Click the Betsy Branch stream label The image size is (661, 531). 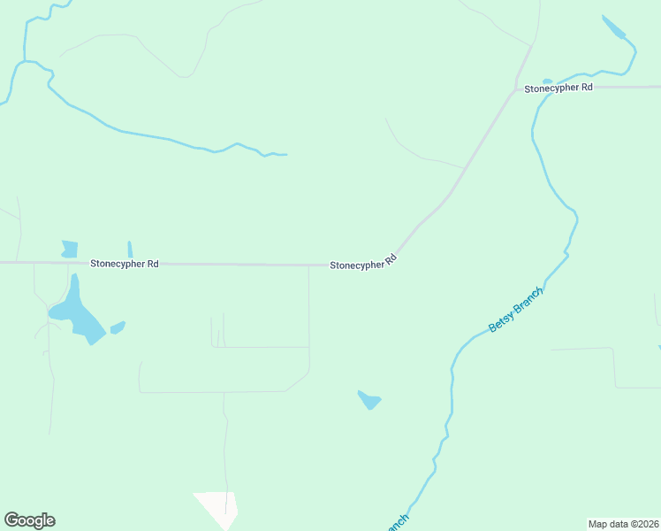click(x=516, y=310)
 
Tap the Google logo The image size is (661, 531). click(x=29, y=520)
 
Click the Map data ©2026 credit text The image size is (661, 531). click(x=623, y=524)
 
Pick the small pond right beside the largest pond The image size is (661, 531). click(x=118, y=328)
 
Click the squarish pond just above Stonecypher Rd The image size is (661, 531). click(x=70, y=249)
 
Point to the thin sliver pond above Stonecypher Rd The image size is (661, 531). click(x=130, y=250)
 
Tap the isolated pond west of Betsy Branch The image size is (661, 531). click(x=369, y=401)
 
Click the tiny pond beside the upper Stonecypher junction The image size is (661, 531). click(x=547, y=81)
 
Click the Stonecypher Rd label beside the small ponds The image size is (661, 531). click(x=124, y=264)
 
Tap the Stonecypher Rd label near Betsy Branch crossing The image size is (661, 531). click(x=558, y=88)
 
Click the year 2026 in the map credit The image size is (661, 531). click(x=645, y=524)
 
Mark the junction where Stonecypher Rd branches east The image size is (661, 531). click(x=516, y=88)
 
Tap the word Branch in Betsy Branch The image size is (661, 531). click(x=527, y=300)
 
